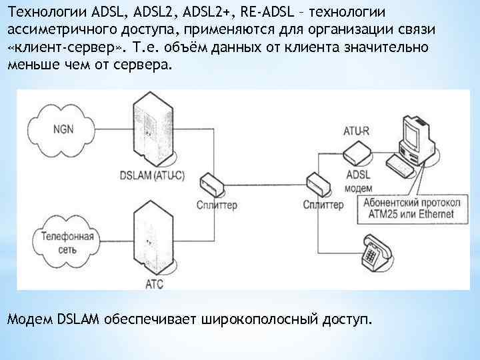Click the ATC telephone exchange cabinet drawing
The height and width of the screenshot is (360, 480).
coord(154,237)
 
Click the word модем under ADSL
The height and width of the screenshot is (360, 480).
coord(359,189)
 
